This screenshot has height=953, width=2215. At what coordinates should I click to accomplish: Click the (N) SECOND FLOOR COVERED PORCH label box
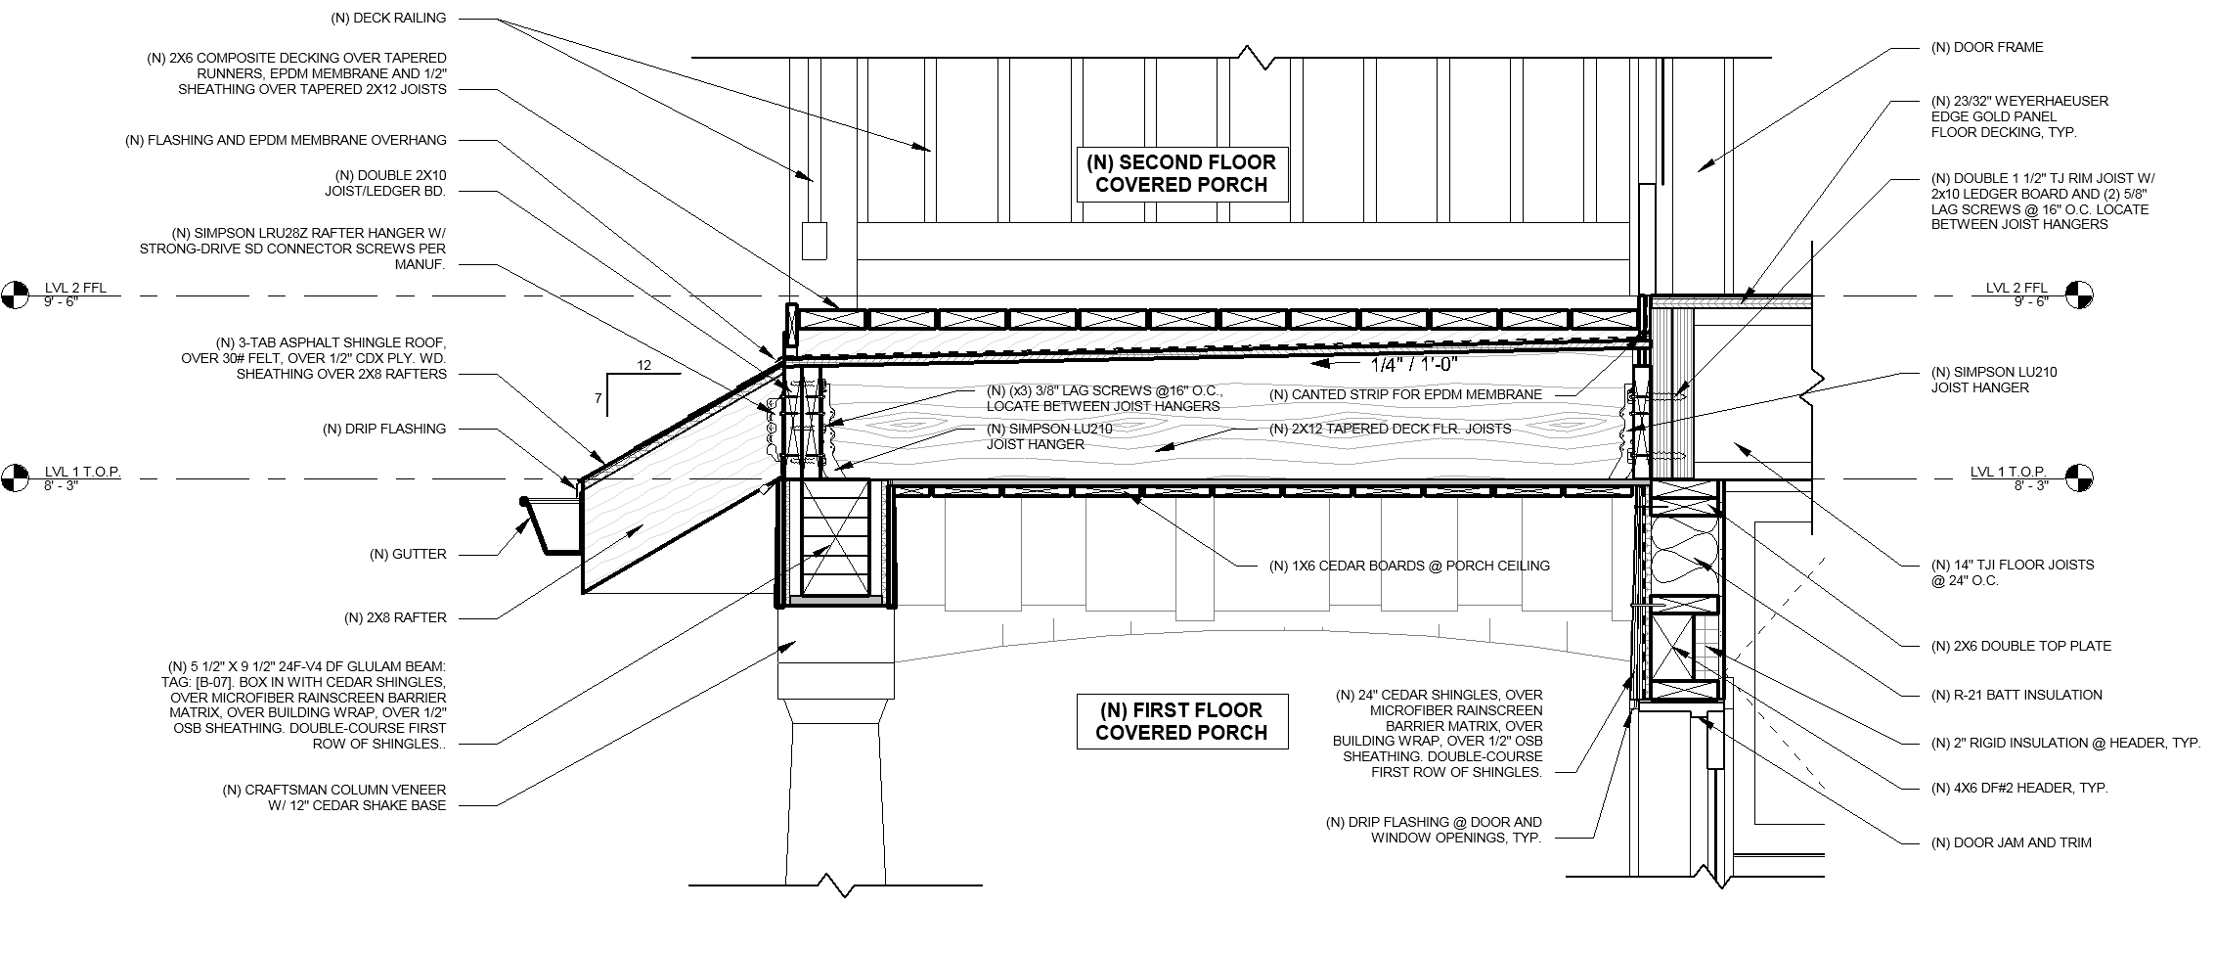tap(1182, 174)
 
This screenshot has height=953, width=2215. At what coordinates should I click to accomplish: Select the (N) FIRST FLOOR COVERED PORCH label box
tap(1182, 721)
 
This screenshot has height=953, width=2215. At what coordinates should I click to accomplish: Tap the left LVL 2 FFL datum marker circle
tap(16, 294)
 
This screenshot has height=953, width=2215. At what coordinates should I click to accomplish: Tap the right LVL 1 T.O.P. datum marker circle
tap(2080, 478)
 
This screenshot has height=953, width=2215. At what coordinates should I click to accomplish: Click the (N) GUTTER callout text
tap(408, 555)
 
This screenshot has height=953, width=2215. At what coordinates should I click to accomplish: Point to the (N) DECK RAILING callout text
tap(387, 18)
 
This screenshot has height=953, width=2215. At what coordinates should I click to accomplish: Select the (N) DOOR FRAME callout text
tap(1986, 47)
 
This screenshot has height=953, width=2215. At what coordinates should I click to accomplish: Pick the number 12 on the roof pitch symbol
tap(643, 365)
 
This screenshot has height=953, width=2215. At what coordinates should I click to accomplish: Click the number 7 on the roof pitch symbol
tap(597, 399)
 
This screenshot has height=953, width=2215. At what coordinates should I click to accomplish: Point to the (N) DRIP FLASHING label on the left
tap(384, 429)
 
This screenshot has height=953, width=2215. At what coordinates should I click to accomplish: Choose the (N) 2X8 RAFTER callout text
tap(395, 617)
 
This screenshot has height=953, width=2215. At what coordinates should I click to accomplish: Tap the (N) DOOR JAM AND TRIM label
tap(2012, 842)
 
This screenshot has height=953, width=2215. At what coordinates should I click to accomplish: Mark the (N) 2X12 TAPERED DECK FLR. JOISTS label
tap(1390, 429)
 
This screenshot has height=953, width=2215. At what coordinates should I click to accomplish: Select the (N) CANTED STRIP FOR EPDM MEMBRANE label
tap(1405, 394)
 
